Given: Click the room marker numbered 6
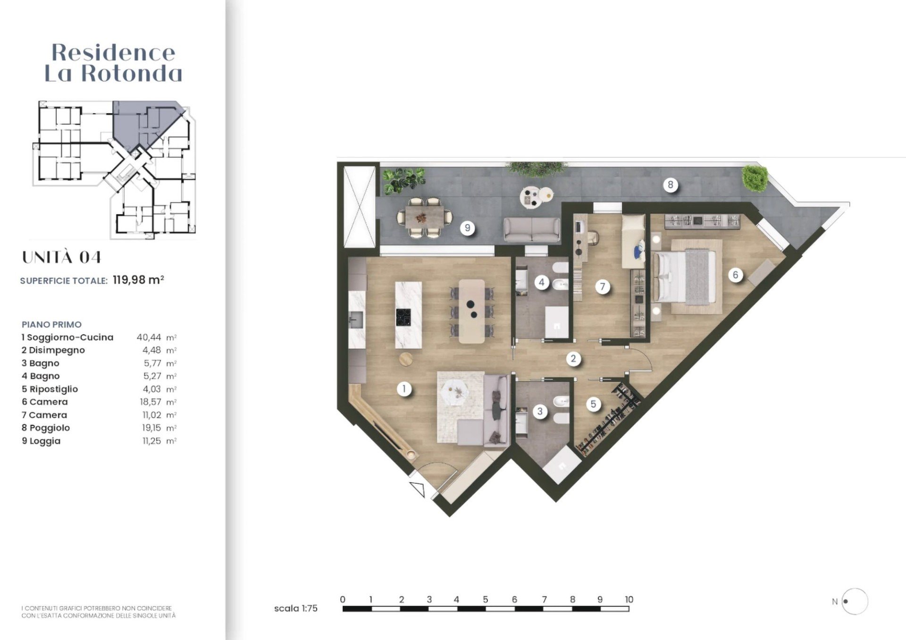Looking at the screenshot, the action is pos(735,275).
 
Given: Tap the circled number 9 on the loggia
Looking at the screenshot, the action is pos(467,228).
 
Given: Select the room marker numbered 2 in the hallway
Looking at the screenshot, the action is pos(573,359).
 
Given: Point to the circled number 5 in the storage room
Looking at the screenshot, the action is pos(593,404).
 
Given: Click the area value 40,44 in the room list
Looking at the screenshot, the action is pos(149,337).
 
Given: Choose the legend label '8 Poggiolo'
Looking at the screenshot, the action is pos(46,428).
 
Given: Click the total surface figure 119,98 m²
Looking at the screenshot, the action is pos(138,280).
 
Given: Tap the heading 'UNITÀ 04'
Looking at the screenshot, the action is pos(62,257).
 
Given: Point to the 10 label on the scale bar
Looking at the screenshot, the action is pos(629,599).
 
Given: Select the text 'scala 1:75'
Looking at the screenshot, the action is pos(296,608).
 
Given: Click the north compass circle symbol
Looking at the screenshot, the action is pos(855,601).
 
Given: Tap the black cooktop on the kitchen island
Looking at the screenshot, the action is pos(403,317).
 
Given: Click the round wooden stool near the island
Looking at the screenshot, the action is pos(406,359).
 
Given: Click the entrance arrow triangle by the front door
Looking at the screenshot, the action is pos(418,489).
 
